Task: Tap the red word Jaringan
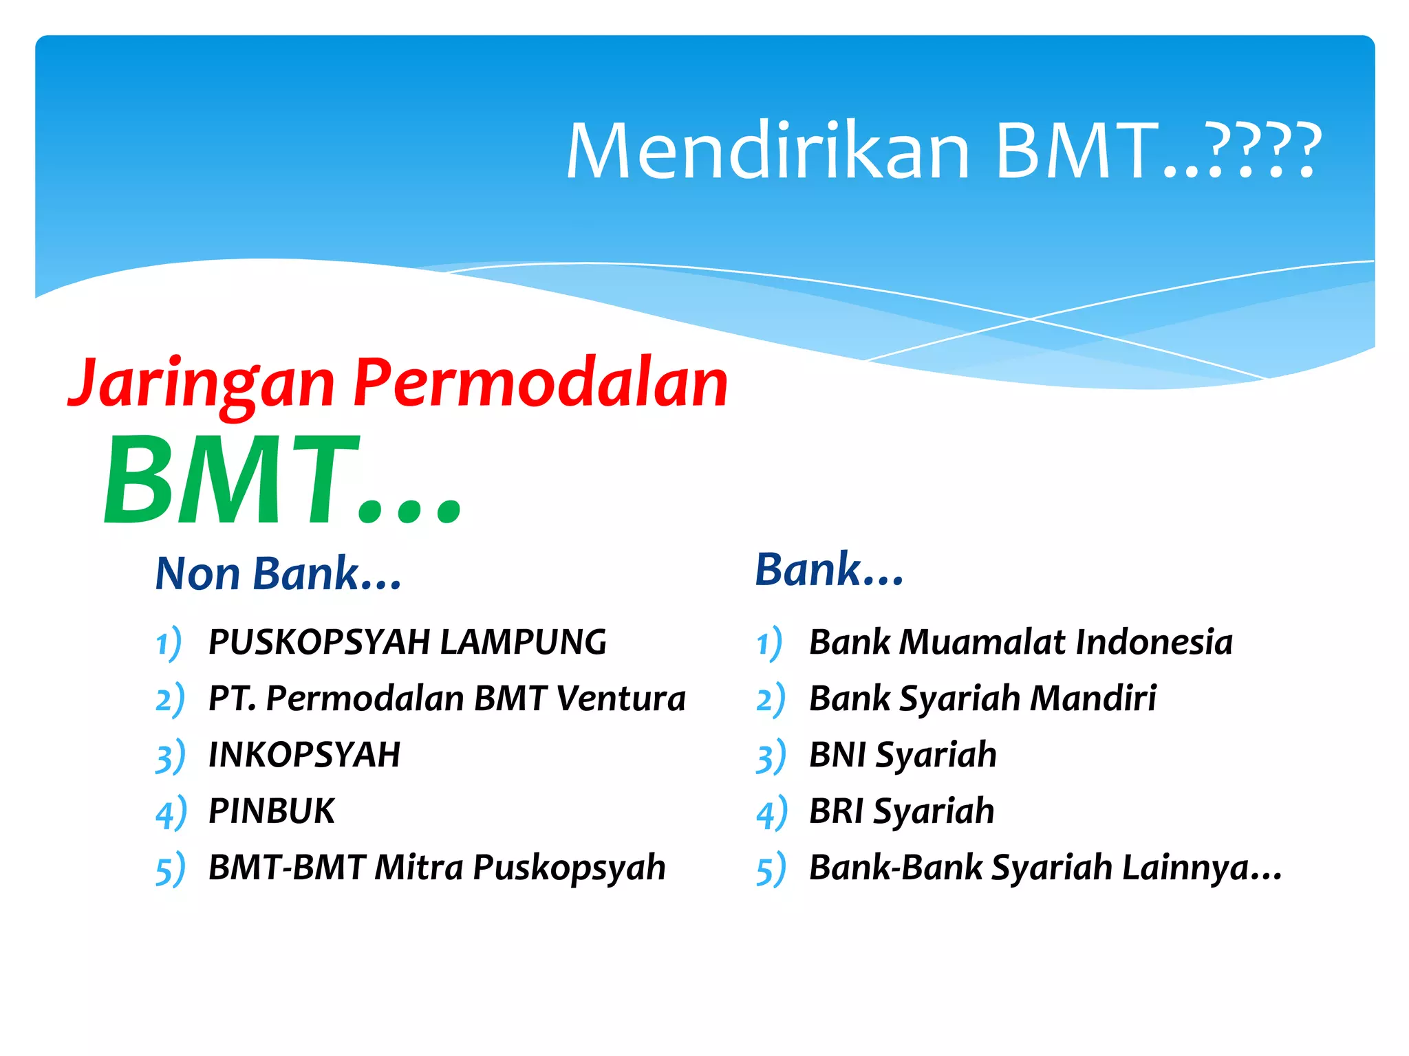(203, 384)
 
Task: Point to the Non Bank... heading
(278, 573)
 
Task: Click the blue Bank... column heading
(829, 570)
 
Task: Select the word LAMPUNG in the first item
(523, 642)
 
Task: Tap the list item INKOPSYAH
(304, 755)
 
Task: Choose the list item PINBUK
(271, 811)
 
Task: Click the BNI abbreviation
(837, 755)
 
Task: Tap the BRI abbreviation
(836, 811)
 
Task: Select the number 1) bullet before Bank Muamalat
(769, 643)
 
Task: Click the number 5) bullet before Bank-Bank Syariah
(771, 869)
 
